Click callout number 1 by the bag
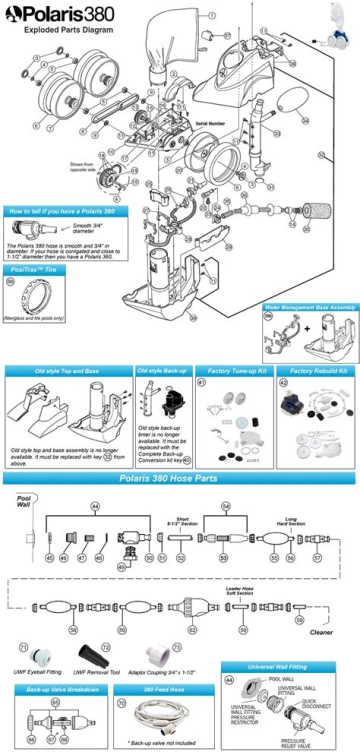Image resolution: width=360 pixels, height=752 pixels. click(x=212, y=15)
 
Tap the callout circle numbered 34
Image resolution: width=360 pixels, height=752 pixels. click(x=305, y=120)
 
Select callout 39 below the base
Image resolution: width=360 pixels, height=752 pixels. click(x=193, y=316)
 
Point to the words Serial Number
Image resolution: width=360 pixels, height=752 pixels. click(x=210, y=123)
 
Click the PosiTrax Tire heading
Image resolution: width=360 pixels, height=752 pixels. click(x=33, y=269)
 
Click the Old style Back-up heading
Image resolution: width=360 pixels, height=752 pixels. click(x=163, y=370)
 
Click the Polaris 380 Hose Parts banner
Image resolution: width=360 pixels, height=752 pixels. click(x=168, y=478)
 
